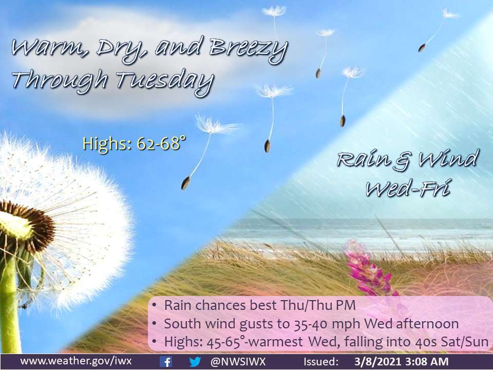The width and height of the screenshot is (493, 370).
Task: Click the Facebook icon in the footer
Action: coord(166,362)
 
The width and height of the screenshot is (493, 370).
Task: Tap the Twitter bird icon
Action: coord(195,362)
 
